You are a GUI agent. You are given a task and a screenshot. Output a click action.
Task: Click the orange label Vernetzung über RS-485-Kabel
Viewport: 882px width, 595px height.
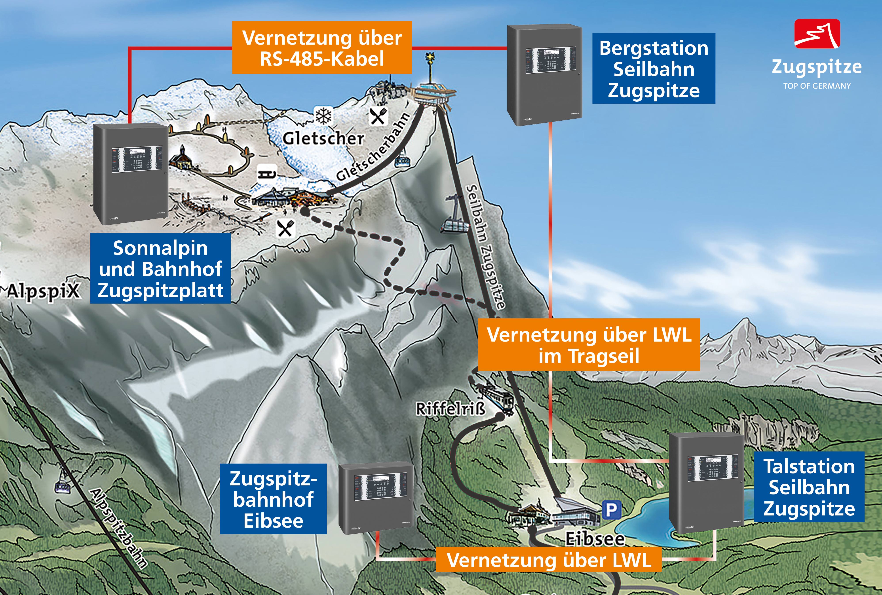[x=322, y=48]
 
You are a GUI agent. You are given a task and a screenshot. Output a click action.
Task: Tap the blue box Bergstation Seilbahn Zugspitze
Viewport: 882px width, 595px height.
[x=654, y=68]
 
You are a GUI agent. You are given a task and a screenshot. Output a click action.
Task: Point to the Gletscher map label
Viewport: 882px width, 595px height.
[x=323, y=138]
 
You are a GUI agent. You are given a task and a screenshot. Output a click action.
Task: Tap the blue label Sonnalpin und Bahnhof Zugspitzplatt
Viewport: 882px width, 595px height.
[x=160, y=268]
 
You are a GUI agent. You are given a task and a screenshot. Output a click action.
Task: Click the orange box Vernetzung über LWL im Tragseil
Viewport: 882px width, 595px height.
[x=589, y=344]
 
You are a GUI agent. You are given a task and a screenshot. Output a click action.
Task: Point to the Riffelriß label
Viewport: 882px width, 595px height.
[x=450, y=409]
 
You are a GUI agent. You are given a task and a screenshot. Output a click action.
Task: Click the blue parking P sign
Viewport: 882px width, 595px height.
[x=612, y=510]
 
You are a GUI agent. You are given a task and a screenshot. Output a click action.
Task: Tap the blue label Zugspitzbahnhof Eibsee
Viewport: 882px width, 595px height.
[x=273, y=499]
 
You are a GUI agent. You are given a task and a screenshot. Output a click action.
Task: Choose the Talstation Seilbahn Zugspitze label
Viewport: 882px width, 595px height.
[x=809, y=487]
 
